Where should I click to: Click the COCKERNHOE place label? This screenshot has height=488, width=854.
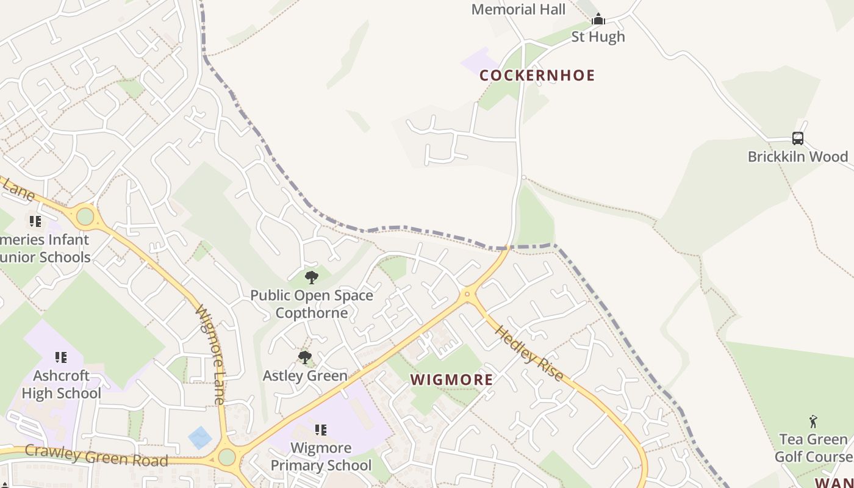coord(537,76)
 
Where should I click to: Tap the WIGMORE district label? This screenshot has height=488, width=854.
coord(451,380)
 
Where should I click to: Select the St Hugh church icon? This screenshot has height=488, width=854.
coord(598,20)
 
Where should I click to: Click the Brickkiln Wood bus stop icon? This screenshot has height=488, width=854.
coord(798,138)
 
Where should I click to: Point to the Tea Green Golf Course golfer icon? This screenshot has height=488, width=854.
coord(813,422)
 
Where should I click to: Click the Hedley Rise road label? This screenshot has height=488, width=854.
coord(529,353)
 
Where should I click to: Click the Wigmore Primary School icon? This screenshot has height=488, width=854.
coord(321,430)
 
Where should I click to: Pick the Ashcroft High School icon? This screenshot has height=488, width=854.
coord(61,357)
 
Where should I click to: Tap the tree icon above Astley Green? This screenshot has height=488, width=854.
coord(305,357)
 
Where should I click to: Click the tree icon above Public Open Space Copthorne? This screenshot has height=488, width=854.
coord(312,278)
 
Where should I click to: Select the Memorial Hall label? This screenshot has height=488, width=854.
coord(518,9)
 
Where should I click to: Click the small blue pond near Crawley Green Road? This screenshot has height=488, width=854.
coord(200,437)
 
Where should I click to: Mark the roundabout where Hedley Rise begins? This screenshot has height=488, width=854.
coord(468,294)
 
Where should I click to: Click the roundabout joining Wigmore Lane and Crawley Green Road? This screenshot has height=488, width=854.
coord(227,457)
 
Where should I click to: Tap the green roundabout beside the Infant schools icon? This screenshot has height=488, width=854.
coord(85,216)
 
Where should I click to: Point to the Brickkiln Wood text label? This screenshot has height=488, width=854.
coord(798,157)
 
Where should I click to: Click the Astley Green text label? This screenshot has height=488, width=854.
coord(305,376)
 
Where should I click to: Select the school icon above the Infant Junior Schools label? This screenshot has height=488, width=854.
coord(35,221)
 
